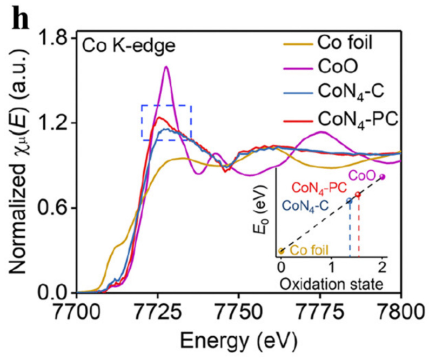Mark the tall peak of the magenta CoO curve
166,67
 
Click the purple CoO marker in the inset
383,177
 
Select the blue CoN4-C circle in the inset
349,201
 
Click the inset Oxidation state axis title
332,283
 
